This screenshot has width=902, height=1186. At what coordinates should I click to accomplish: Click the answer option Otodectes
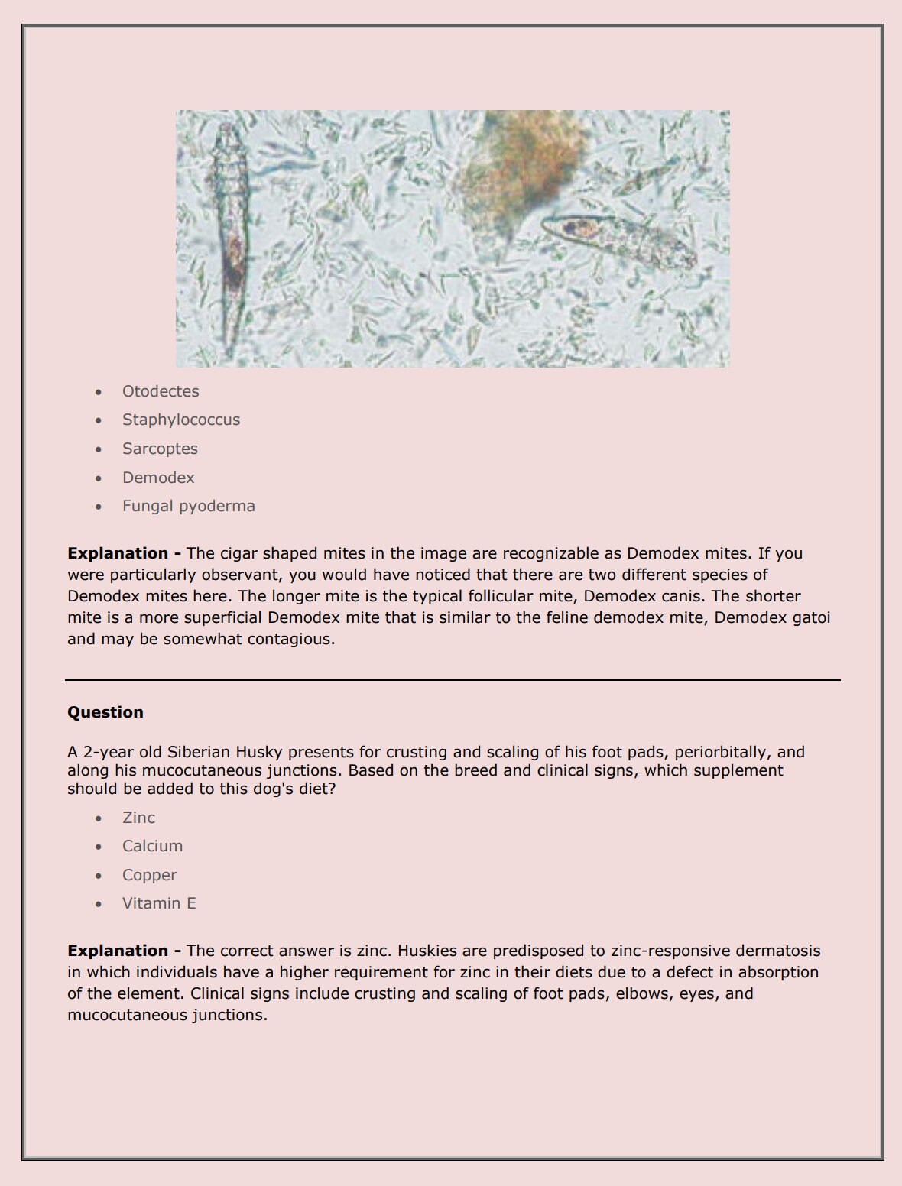(x=161, y=391)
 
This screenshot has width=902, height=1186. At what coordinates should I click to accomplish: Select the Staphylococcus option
(x=181, y=420)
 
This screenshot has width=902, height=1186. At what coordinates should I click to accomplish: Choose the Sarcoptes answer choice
(x=160, y=449)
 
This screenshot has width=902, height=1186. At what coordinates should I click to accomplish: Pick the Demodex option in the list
(x=158, y=478)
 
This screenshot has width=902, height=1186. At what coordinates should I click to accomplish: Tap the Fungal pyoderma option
(x=189, y=506)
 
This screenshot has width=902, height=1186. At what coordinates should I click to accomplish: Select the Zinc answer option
(x=138, y=818)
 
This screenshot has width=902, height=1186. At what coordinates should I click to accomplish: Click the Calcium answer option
(x=152, y=846)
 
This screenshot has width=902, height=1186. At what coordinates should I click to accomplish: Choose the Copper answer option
(x=149, y=875)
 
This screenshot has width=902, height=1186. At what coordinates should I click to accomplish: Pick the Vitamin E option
(x=159, y=903)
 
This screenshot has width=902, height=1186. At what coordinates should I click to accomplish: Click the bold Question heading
(x=105, y=712)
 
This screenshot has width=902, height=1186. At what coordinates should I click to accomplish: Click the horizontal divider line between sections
(x=453, y=679)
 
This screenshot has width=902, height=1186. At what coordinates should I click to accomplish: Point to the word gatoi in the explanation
(x=811, y=617)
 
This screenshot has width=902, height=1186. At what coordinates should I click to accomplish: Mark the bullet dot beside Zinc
(x=99, y=818)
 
